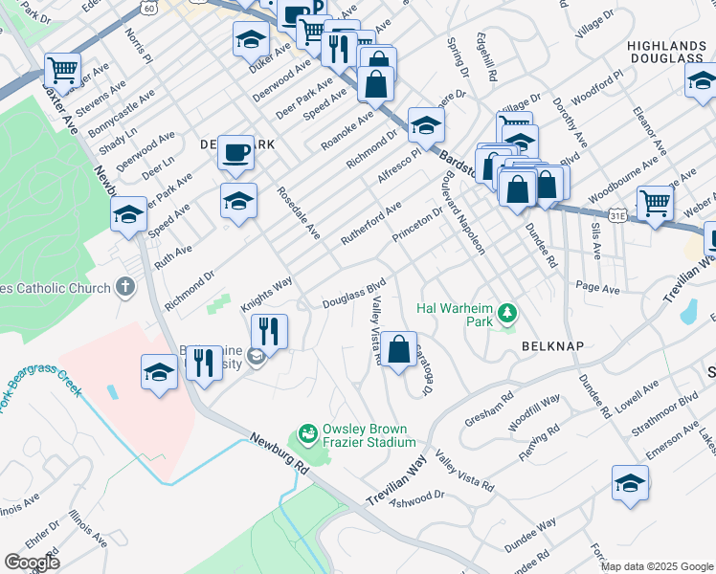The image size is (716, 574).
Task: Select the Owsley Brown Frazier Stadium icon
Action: pyautogui.click(x=308, y=434)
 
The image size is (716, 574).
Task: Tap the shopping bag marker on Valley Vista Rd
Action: pyautogui.click(x=400, y=349)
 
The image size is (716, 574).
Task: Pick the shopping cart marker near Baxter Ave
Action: pyautogui.click(x=62, y=69)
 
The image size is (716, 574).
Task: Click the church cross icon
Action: pyautogui.click(x=124, y=286)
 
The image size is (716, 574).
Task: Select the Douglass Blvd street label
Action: pyautogui.click(x=353, y=292)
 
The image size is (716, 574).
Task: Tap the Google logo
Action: pyautogui.click(x=32, y=562)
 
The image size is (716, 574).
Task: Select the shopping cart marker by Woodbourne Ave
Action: pyautogui.click(x=655, y=203)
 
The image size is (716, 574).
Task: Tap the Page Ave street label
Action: pyautogui.click(x=598, y=287)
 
